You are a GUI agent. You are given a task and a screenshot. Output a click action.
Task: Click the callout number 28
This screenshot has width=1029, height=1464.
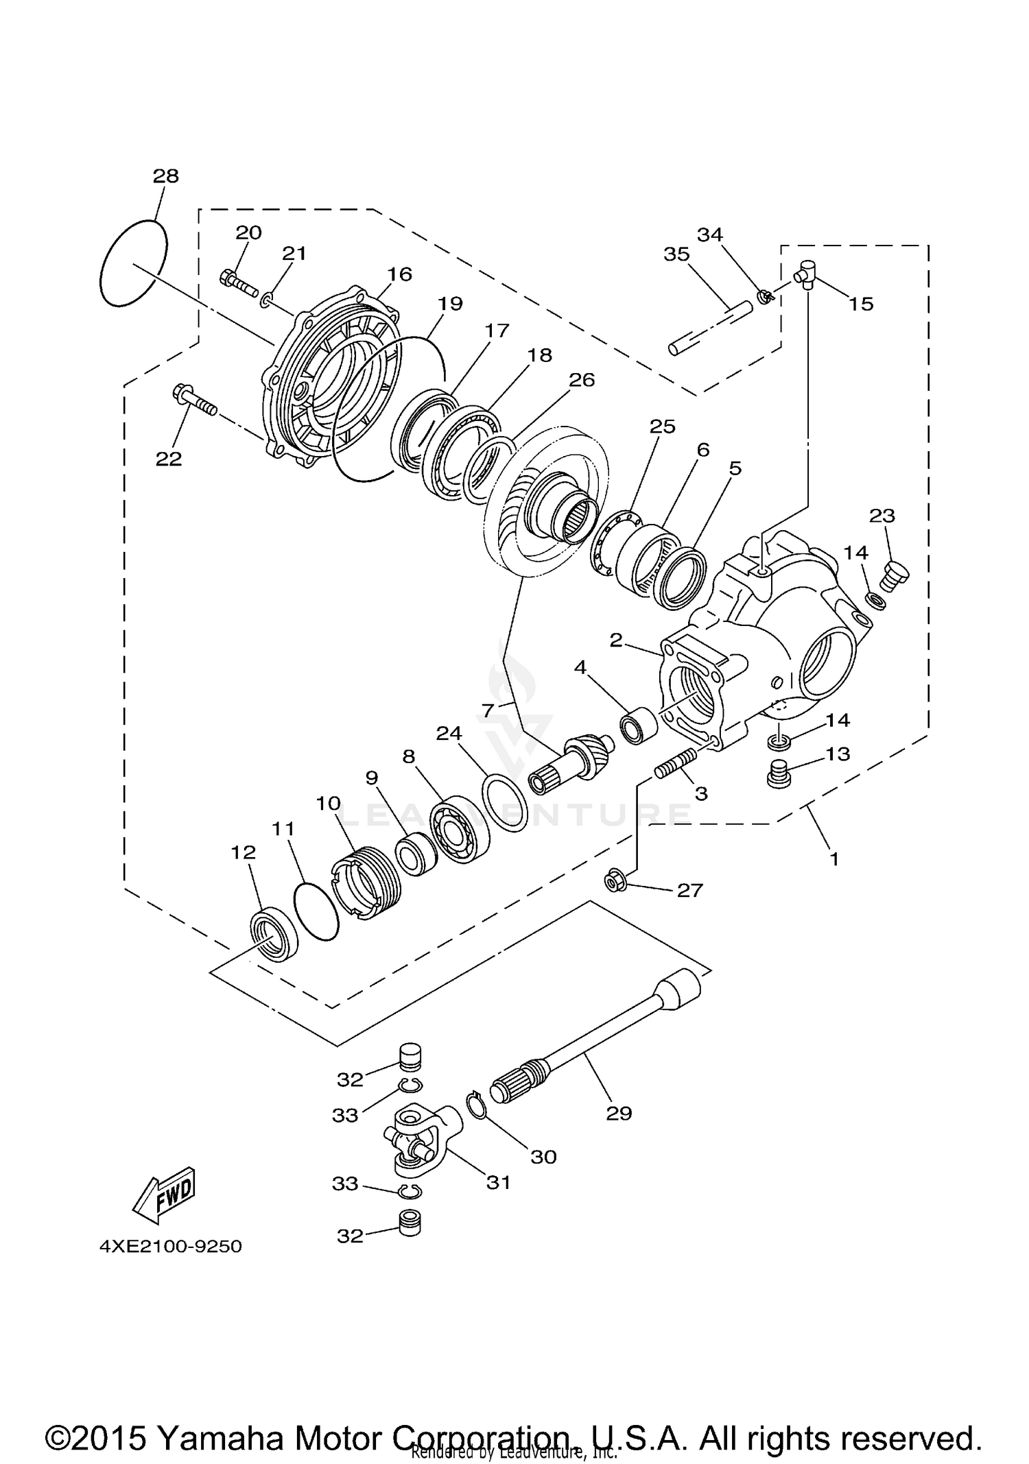pyautogui.click(x=165, y=176)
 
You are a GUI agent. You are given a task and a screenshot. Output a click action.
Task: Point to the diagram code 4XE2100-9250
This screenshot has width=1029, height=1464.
pyautogui.click(x=171, y=1246)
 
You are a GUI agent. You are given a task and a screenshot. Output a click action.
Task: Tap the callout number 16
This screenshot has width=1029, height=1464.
pyautogui.click(x=399, y=274)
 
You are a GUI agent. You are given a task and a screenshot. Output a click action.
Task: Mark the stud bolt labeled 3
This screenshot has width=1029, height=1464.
pyautogui.click(x=676, y=763)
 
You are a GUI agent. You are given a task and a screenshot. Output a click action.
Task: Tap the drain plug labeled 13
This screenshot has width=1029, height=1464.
pyautogui.click(x=779, y=774)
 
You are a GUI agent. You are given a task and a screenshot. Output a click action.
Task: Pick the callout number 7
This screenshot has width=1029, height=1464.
pyautogui.click(x=488, y=710)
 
